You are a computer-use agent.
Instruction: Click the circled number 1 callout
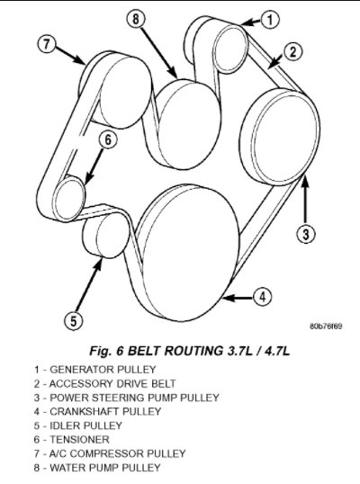(270, 20)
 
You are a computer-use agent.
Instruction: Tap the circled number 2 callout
(292, 51)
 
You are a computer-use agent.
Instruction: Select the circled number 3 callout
(306, 234)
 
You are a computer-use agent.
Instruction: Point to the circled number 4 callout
(263, 297)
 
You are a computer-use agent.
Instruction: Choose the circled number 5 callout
(73, 320)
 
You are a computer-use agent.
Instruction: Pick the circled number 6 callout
(108, 139)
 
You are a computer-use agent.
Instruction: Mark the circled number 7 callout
(46, 44)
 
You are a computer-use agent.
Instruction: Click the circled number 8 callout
(136, 19)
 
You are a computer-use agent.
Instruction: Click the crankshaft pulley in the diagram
(188, 253)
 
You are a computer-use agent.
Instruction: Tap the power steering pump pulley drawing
(280, 137)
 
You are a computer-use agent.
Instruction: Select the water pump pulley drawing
(187, 124)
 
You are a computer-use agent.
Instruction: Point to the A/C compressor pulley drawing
(117, 90)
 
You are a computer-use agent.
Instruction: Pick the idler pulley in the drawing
(105, 235)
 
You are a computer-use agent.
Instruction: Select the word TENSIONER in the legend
(79, 439)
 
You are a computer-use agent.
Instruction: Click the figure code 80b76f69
(326, 327)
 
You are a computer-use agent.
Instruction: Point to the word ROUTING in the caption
(193, 351)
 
